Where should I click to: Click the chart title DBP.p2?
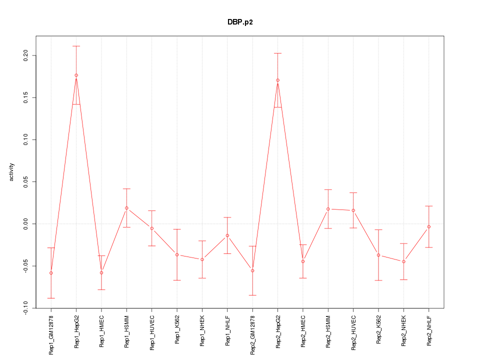240,22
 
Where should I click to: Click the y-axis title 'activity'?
12,172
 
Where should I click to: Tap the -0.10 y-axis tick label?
25,307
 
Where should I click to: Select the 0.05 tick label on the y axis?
25,181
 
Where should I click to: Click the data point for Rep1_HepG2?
76,75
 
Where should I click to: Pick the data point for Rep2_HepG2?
277,80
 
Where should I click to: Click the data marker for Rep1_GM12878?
51,273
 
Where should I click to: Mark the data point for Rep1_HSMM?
126,208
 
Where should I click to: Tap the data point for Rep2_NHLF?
428,227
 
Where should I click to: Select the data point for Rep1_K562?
177,255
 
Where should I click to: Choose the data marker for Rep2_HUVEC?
353,210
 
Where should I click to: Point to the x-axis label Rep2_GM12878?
252,335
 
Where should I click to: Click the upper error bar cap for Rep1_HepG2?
76,46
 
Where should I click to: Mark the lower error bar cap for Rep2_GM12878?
252,295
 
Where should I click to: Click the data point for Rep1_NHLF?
227,235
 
